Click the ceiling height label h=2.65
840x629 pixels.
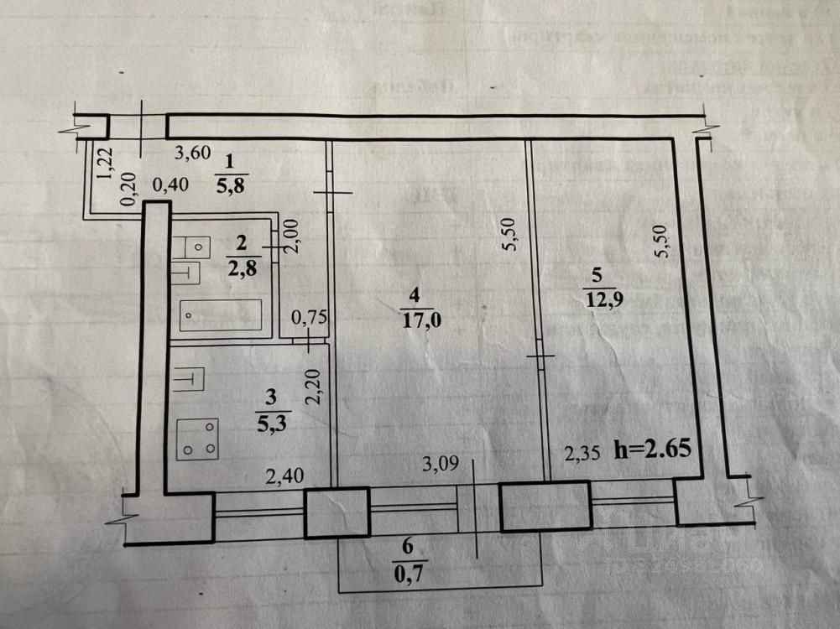click(x=653, y=449)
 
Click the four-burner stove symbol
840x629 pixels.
click(x=198, y=439)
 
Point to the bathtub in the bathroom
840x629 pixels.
click(x=219, y=315)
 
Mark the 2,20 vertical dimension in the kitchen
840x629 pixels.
click(x=313, y=388)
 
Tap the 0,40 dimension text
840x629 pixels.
click(x=171, y=185)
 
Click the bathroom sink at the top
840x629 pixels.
click(x=197, y=247)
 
